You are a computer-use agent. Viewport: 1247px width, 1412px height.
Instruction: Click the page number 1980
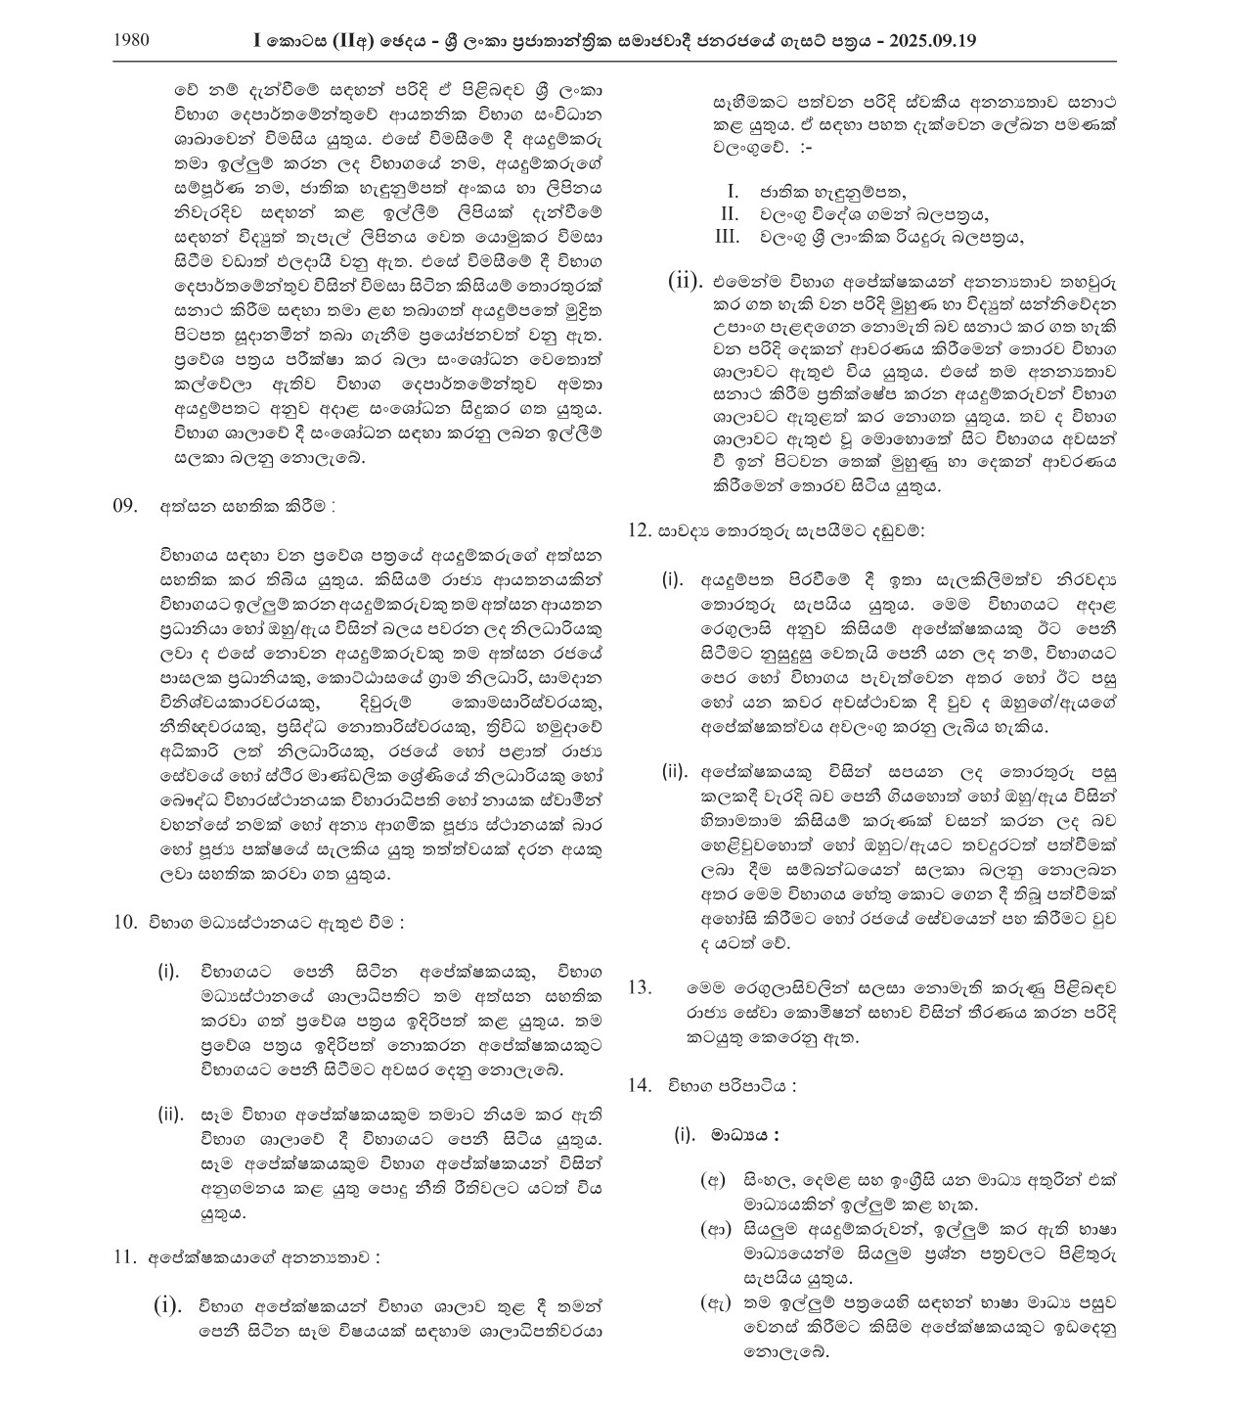tap(130, 41)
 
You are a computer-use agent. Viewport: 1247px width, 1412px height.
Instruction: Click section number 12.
tap(640, 530)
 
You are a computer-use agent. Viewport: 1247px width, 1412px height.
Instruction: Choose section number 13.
tap(640, 987)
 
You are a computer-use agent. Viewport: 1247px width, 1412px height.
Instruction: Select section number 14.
tap(640, 1085)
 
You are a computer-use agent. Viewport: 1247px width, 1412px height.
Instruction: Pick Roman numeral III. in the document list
tap(726, 237)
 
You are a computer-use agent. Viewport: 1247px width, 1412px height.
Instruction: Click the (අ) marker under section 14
tap(712, 1180)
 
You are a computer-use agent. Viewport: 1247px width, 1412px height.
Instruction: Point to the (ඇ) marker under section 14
tap(712, 1302)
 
